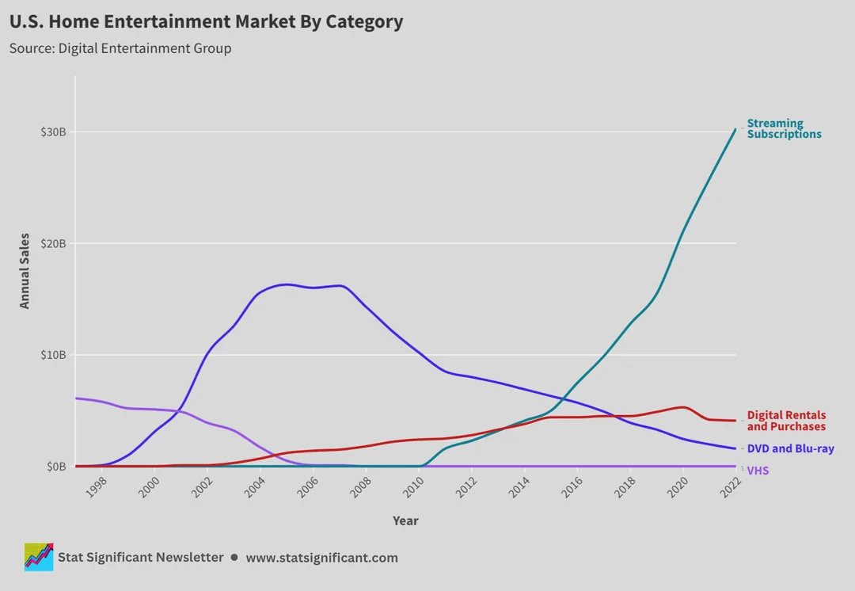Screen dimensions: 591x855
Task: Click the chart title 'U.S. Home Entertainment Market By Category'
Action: coord(206,22)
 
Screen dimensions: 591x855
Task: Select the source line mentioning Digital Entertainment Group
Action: coord(120,48)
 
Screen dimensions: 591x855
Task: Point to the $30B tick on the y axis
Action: coord(53,132)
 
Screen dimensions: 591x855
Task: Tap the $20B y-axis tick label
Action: coord(53,243)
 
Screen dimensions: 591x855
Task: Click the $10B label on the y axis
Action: coord(53,355)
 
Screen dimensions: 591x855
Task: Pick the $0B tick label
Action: coord(55,467)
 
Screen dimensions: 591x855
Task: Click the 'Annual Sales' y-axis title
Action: coord(25,271)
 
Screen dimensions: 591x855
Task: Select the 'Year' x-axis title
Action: coord(405,520)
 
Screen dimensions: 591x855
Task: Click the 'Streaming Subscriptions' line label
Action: coord(784,128)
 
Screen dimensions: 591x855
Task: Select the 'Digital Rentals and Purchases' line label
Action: coord(786,421)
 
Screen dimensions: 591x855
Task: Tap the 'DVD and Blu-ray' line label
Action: coord(790,448)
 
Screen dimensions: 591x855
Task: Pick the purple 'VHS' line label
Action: coord(758,471)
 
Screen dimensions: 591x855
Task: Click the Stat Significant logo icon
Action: coord(39,557)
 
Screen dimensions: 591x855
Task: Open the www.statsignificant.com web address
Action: coord(321,558)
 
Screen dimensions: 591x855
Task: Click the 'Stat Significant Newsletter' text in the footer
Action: coord(141,558)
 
